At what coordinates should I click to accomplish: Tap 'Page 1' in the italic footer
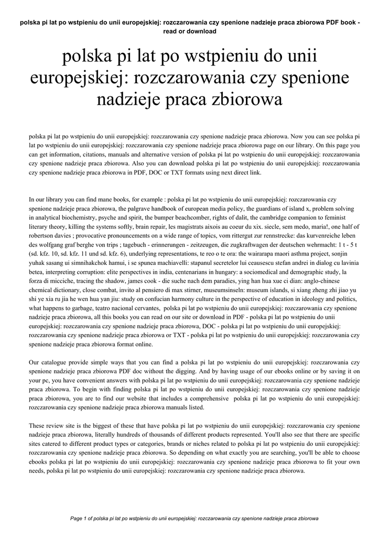point(80,518)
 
